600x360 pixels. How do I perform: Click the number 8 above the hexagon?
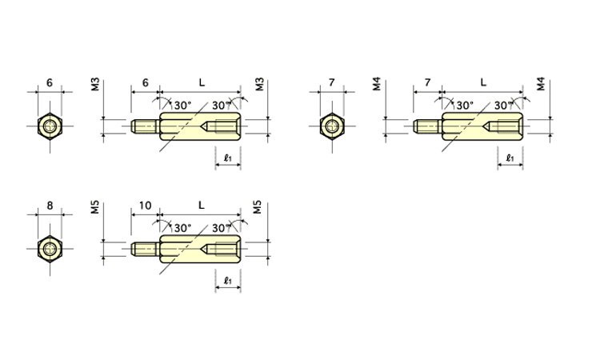click(x=50, y=206)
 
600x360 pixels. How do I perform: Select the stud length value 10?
click(x=145, y=206)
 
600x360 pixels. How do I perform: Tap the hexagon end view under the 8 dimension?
click(x=50, y=249)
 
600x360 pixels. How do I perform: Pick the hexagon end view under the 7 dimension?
click(x=332, y=126)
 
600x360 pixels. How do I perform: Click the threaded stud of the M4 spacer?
click(x=427, y=126)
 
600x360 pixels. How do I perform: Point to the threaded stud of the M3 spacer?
click(x=145, y=126)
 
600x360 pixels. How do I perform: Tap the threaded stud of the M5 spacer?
click(x=145, y=249)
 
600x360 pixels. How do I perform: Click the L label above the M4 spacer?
click(x=483, y=82)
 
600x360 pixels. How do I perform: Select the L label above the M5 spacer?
click(x=202, y=206)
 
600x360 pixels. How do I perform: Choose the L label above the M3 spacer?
click(x=202, y=82)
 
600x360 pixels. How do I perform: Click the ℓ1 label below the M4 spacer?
click(x=510, y=158)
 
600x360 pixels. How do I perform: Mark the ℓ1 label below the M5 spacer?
click(x=228, y=281)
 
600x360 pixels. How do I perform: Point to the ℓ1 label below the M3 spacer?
click(x=228, y=158)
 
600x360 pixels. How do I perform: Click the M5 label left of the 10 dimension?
click(x=95, y=207)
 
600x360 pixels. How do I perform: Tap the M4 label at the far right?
click(x=541, y=84)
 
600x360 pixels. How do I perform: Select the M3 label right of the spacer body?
click(x=260, y=84)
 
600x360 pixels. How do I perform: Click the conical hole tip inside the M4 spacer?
click(x=483, y=126)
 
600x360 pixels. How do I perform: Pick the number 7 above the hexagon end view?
click(x=331, y=82)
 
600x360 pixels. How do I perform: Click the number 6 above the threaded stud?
click(x=145, y=82)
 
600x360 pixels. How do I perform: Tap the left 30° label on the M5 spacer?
click(x=182, y=228)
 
